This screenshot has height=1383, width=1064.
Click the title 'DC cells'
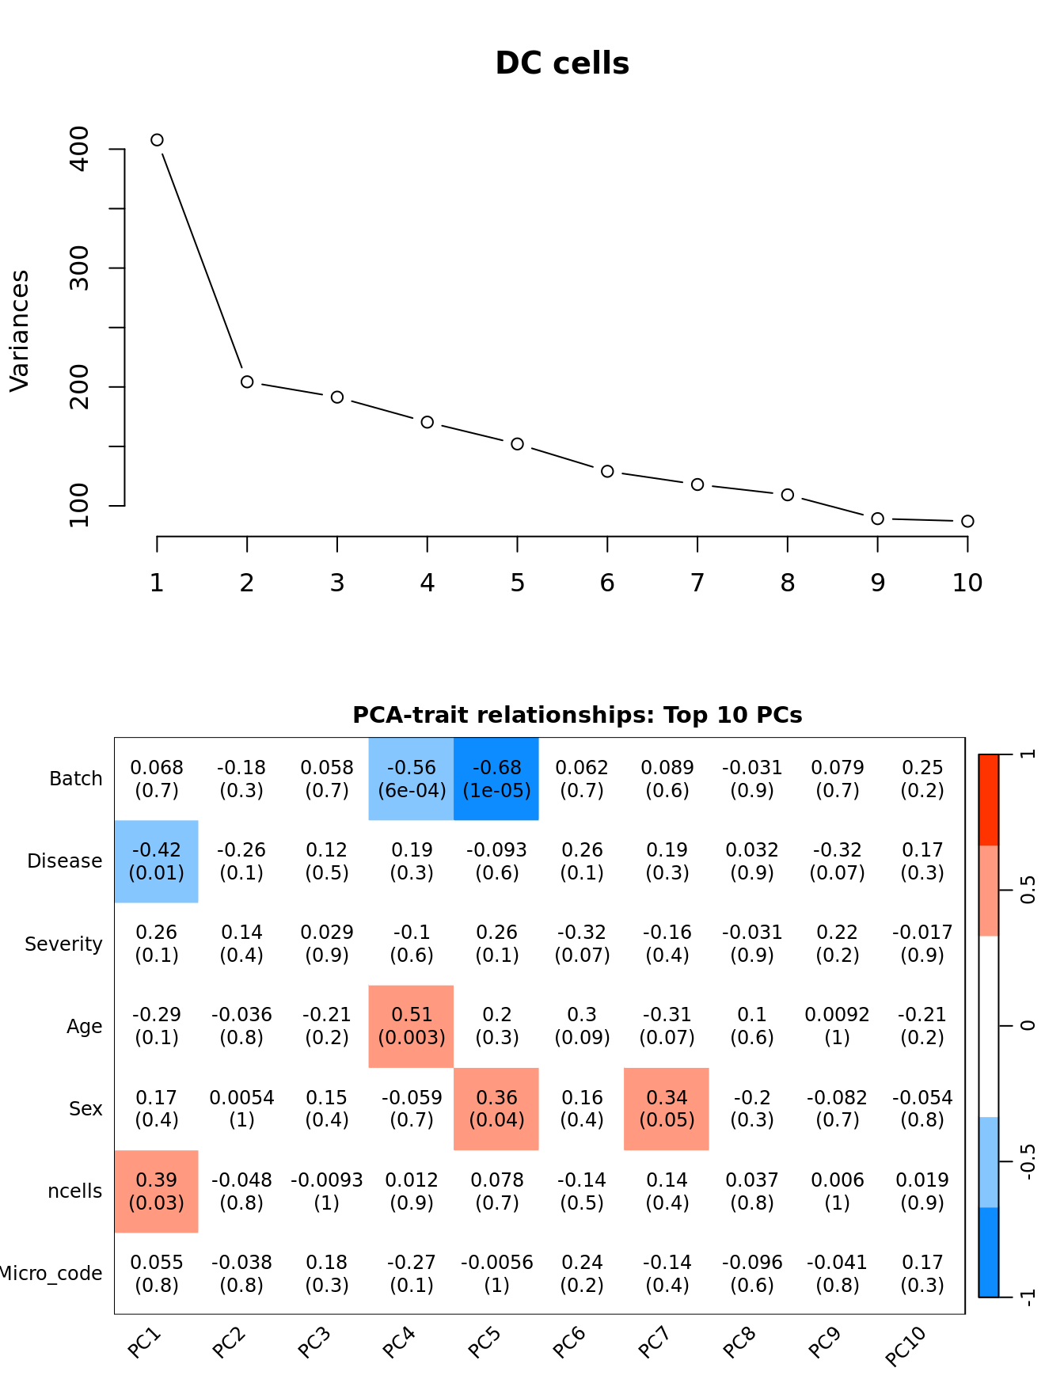[562, 63]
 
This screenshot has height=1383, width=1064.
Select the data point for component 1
[157, 140]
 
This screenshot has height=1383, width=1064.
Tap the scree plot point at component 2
[247, 382]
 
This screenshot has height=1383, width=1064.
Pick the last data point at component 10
[967, 521]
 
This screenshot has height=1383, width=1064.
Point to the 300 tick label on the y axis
[80, 268]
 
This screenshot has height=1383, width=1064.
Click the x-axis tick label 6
[607, 583]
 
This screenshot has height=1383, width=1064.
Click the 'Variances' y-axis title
[19, 331]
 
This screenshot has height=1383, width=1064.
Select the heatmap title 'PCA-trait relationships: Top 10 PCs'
[577, 715]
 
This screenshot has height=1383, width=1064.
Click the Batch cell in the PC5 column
[496, 779]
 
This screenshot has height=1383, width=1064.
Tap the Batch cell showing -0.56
[412, 779]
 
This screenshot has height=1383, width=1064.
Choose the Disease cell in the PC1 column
[157, 861]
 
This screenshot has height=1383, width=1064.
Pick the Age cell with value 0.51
[412, 1026]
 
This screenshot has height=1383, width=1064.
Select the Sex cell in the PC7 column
[667, 1108]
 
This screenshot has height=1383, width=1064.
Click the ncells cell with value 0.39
[157, 1191]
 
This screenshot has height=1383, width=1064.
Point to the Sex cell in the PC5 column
[496, 1108]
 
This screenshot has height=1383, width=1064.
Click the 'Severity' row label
[63, 944]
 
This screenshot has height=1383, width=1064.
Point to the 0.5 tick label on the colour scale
[1028, 890]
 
